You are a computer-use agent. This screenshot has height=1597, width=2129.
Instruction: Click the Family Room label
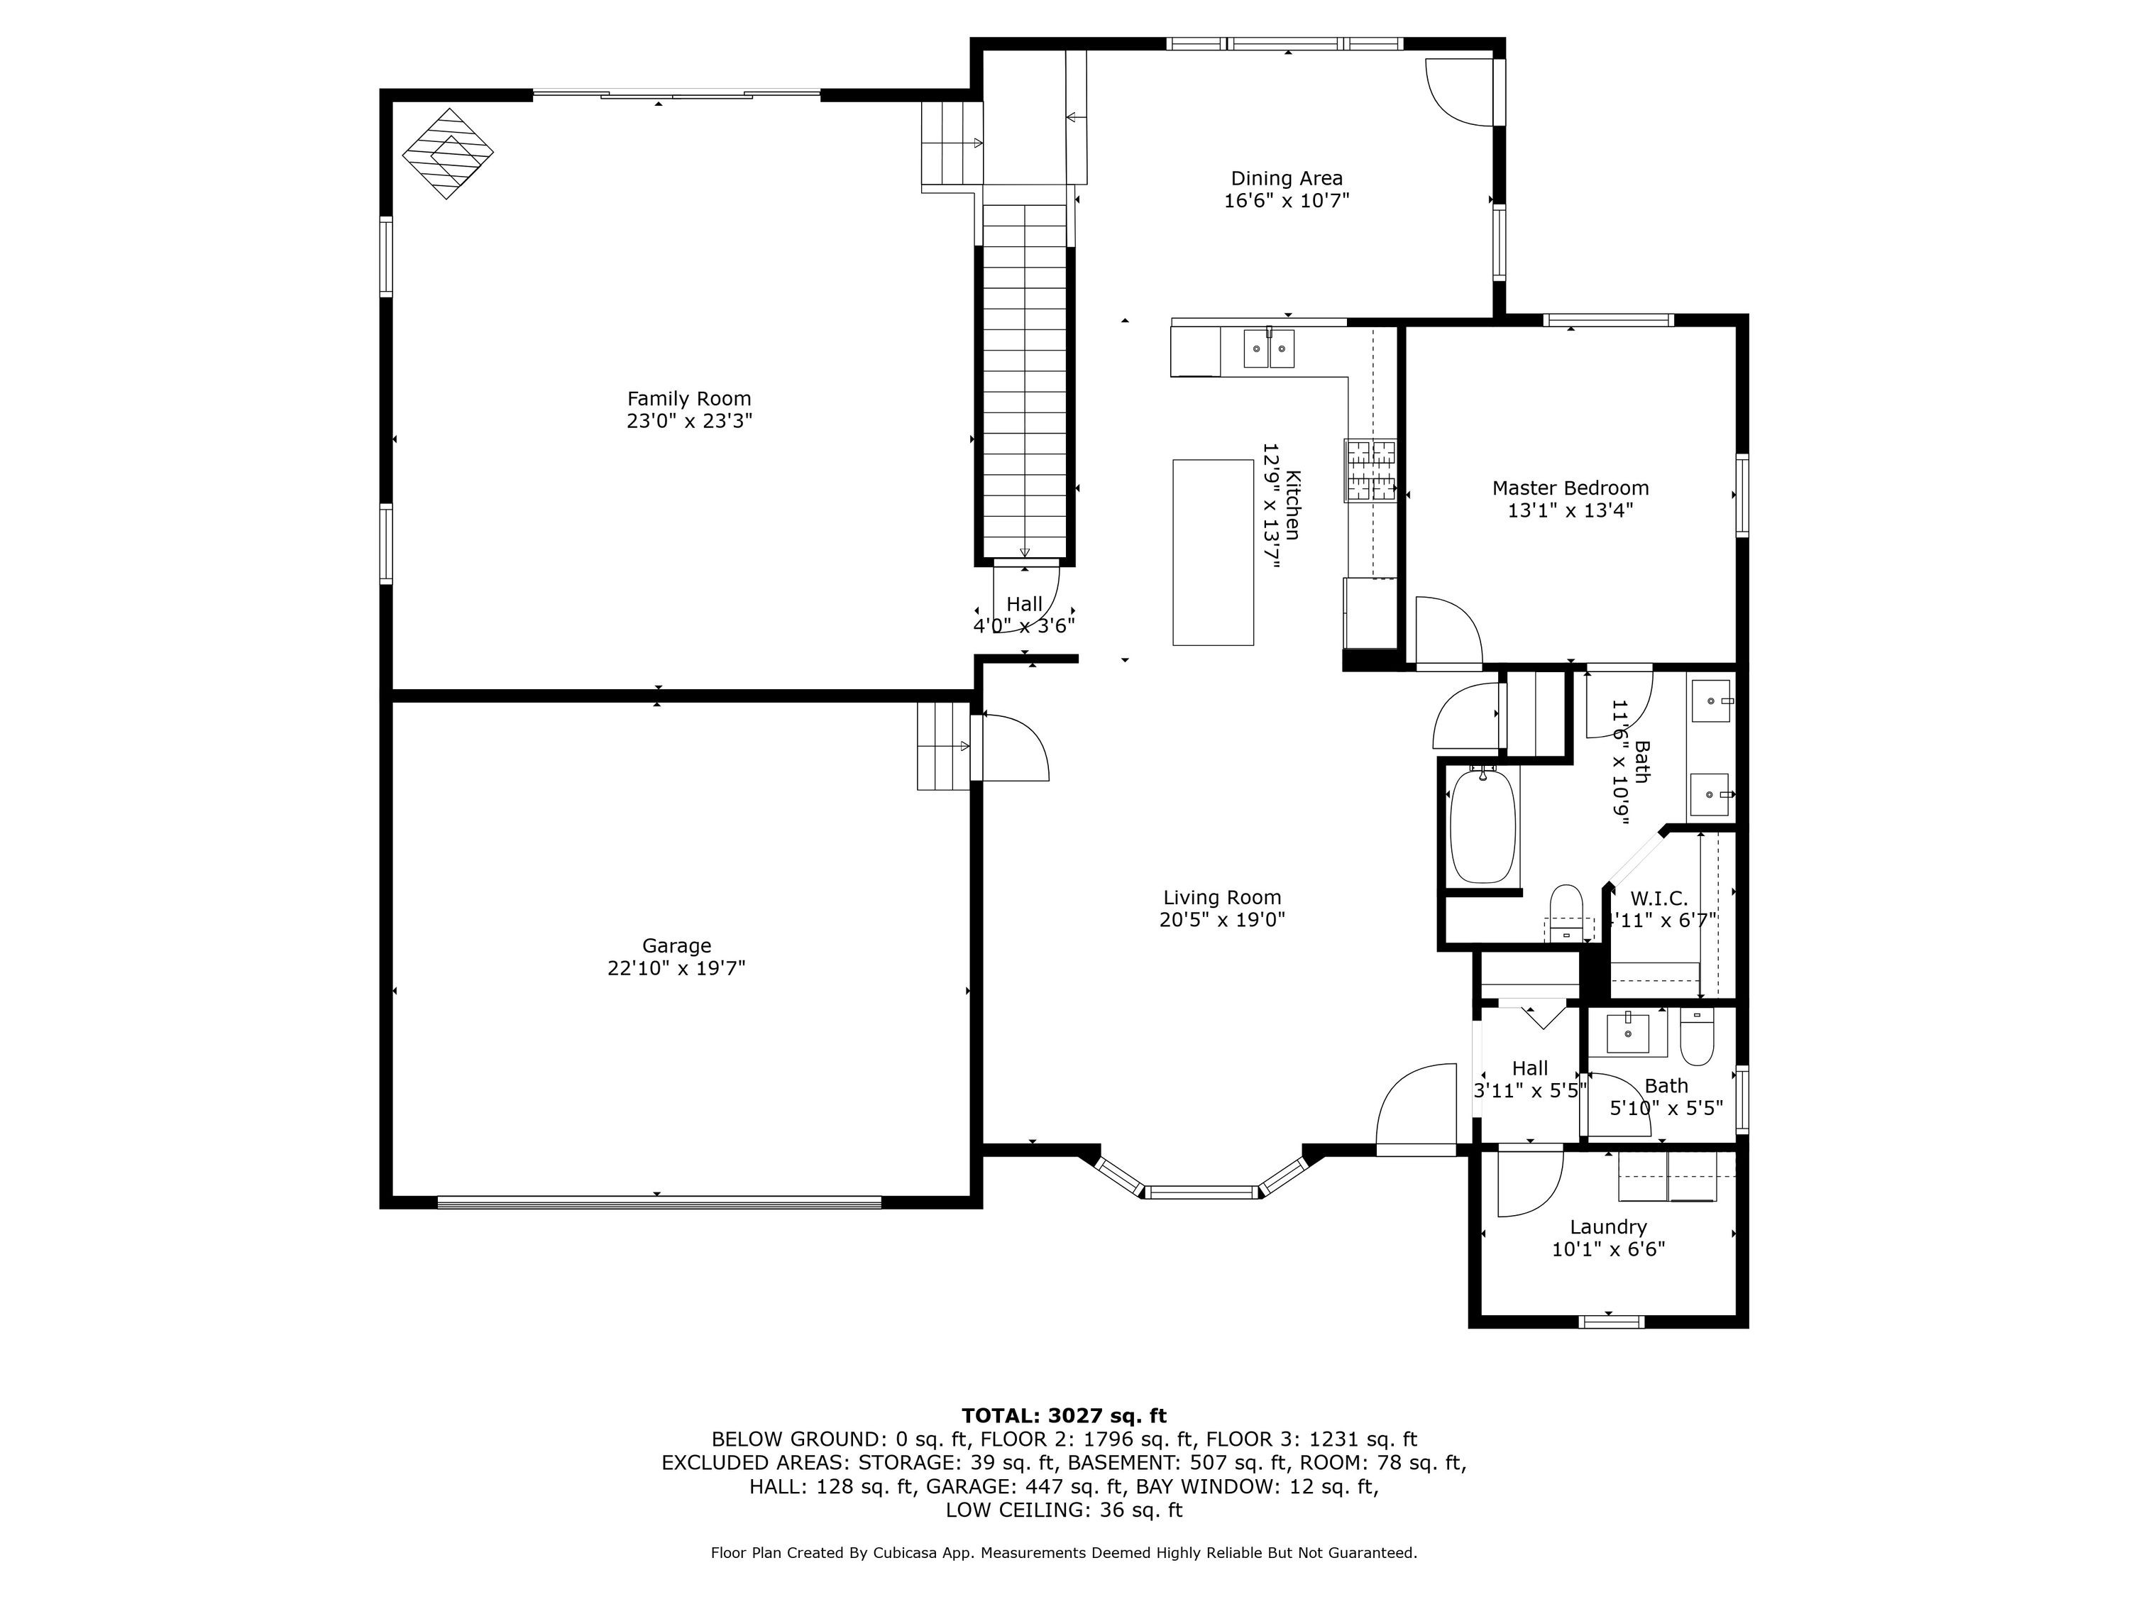pyautogui.click(x=689, y=398)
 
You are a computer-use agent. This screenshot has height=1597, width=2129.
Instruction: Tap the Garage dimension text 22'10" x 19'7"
pyautogui.click(x=676, y=968)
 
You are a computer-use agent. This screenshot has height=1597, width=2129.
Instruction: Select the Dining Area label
pyautogui.click(x=1287, y=178)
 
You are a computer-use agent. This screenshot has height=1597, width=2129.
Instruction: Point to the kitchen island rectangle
pyautogui.click(x=1213, y=551)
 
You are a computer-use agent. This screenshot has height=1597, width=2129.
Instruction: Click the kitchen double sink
pyautogui.click(x=1270, y=349)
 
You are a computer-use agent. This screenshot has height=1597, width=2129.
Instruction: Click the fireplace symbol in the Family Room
pyautogui.click(x=448, y=153)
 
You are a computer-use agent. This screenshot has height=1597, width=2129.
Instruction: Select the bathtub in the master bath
pyautogui.click(x=1483, y=827)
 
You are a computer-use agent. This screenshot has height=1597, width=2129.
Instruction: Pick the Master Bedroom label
pyautogui.click(x=1570, y=488)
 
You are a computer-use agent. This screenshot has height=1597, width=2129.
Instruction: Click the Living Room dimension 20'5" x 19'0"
pyautogui.click(x=1222, y=919)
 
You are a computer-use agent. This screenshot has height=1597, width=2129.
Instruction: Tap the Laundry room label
pyautogui.click(x=1608, y=1226)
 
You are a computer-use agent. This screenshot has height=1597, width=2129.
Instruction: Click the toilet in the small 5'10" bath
pyautogui.click(x=1697, y=1037)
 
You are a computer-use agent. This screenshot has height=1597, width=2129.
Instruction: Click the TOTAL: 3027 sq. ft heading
pyautogui.click(x=1064, y=1415)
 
